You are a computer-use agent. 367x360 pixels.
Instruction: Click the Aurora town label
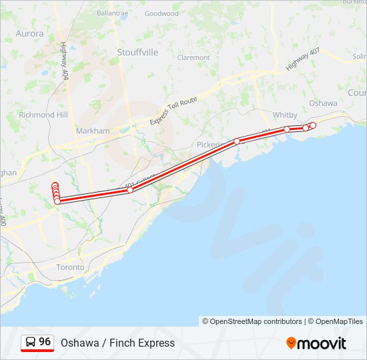pyautogui.click(x=29, y=33)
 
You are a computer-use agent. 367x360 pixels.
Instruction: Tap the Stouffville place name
pyautogui.click(x=137, y=52)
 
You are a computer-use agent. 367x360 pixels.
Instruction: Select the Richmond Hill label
pyautogui.click(x=43, y=115)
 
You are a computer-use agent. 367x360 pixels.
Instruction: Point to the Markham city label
pyautogui.click(x=93, y=131)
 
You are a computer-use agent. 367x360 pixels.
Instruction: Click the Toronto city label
pyautogui.click(x=70, y=267)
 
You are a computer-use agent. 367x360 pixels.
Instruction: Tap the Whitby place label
pyautogui.click(x=285, y=115)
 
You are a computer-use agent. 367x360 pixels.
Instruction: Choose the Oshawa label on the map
pyautogui.click(x=323, y=103)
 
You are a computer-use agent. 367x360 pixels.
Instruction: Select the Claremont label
pyautogui.click(x=194, y=57)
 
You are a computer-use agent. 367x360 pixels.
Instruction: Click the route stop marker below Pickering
pyautogui.click(x=237, y=141)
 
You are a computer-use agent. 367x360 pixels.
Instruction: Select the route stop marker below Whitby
pyautogui.click(x=287, y=129)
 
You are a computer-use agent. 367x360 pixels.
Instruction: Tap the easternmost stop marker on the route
pyautogui.click(x=313, y=125)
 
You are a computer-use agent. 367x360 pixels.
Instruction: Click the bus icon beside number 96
pyautogui.click(x=31, y=343)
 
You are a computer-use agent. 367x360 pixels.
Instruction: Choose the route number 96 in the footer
pyautogui.click(x=45, y=342)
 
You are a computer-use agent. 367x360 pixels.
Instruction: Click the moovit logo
pyautogui.click(x=316, y=343)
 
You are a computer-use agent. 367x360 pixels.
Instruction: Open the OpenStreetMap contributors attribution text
pyautogui.click(x=252, y=321)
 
